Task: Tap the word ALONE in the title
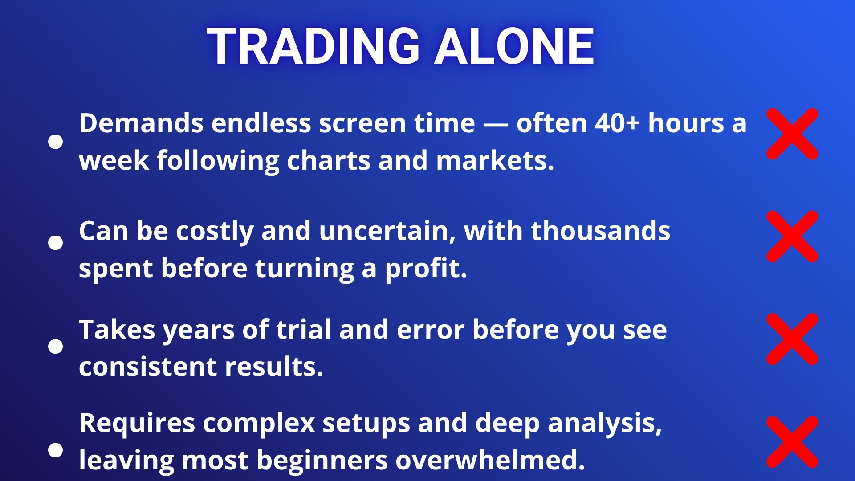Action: [x=514, y=46]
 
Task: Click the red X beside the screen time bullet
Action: [x=792, y=134]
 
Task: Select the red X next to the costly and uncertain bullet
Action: [x=792, y=236]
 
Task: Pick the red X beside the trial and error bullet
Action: [x=792, y=339]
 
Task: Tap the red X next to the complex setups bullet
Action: [x=792, y=442]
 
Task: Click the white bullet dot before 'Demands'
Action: [x=55, y=142]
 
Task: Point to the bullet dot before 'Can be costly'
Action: [x=55, y=243]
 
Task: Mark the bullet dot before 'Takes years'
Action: [x=55, y=346]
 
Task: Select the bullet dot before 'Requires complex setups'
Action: [x=55, y=450]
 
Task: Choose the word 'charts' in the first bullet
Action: [x=329, y=161]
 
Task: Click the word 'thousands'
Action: [x=600, y=231]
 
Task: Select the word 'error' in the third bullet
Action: [x=430, y=330]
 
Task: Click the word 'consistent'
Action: [x=148, y=367]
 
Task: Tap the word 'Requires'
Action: [x=137, y=424]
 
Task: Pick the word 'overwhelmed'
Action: [x=490, y=460]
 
